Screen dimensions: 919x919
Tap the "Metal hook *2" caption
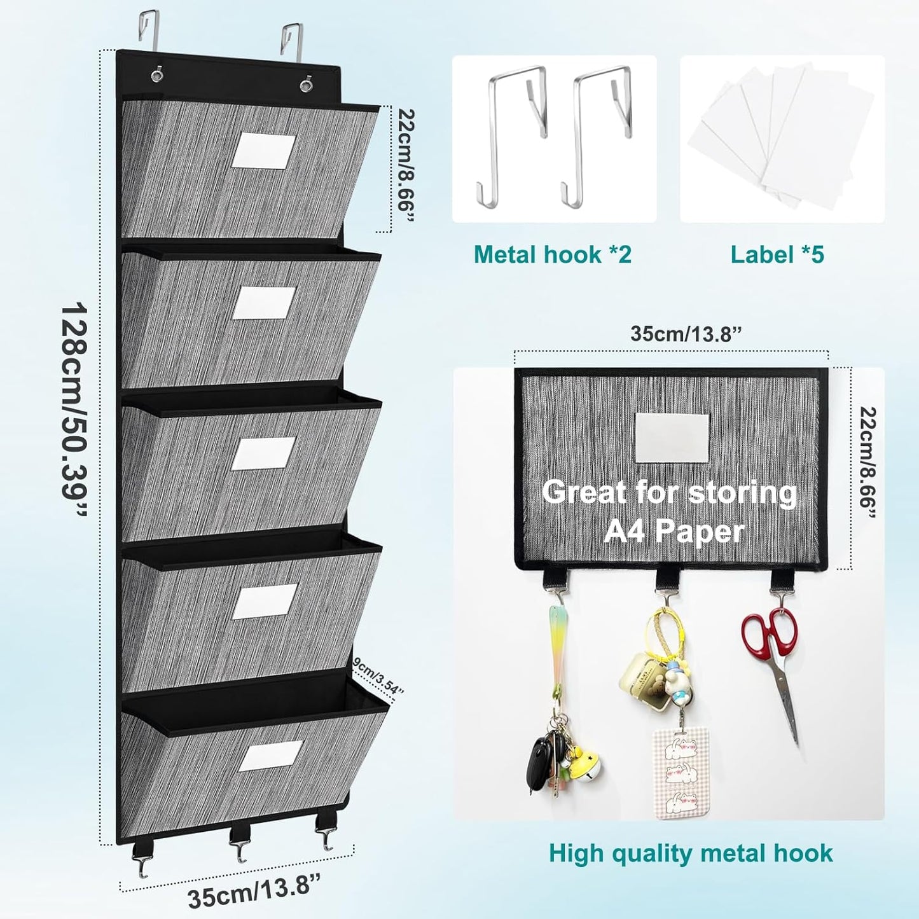[x=552, y=254]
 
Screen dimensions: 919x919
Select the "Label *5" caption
[x=777, y=254]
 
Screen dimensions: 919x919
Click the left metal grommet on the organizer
[x=156, y=75]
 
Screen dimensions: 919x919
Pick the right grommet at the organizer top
[x=307, y=83]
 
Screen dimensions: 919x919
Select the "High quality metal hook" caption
[x=691, y=853]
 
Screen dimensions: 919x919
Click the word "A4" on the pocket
[x=626, y=531]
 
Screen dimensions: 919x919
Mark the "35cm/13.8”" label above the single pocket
[x=686, y=335]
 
